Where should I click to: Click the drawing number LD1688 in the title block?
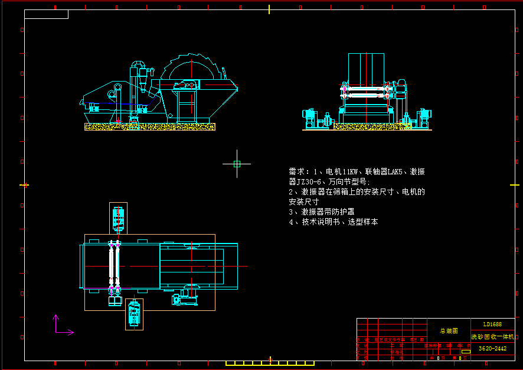point(492,324)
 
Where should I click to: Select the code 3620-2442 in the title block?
point(492,349)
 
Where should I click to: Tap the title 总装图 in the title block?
point(449,331)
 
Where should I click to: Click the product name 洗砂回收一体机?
point(488,336)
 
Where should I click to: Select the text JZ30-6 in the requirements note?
point(310,181)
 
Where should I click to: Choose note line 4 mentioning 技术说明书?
point(333,222)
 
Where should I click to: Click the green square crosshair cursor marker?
point(237,164)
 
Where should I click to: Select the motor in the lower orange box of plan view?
point(134,314)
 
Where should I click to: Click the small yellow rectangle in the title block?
point(466,352)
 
